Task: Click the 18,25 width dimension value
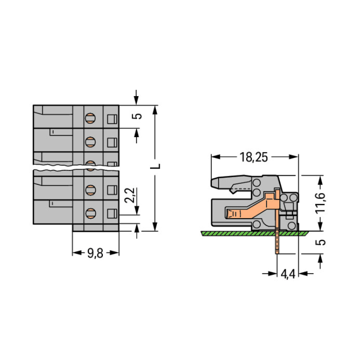[x=253, y=157]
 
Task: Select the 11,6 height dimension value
[x=320, y=202]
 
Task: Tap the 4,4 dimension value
[x=288, y=274]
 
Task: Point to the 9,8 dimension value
[x=95, y=253]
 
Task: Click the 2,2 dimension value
[x=129, y=195]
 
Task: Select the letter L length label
[x=155, y=166]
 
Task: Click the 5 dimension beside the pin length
[x=320, y=242]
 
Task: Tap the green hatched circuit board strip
[x=254, y=234]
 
